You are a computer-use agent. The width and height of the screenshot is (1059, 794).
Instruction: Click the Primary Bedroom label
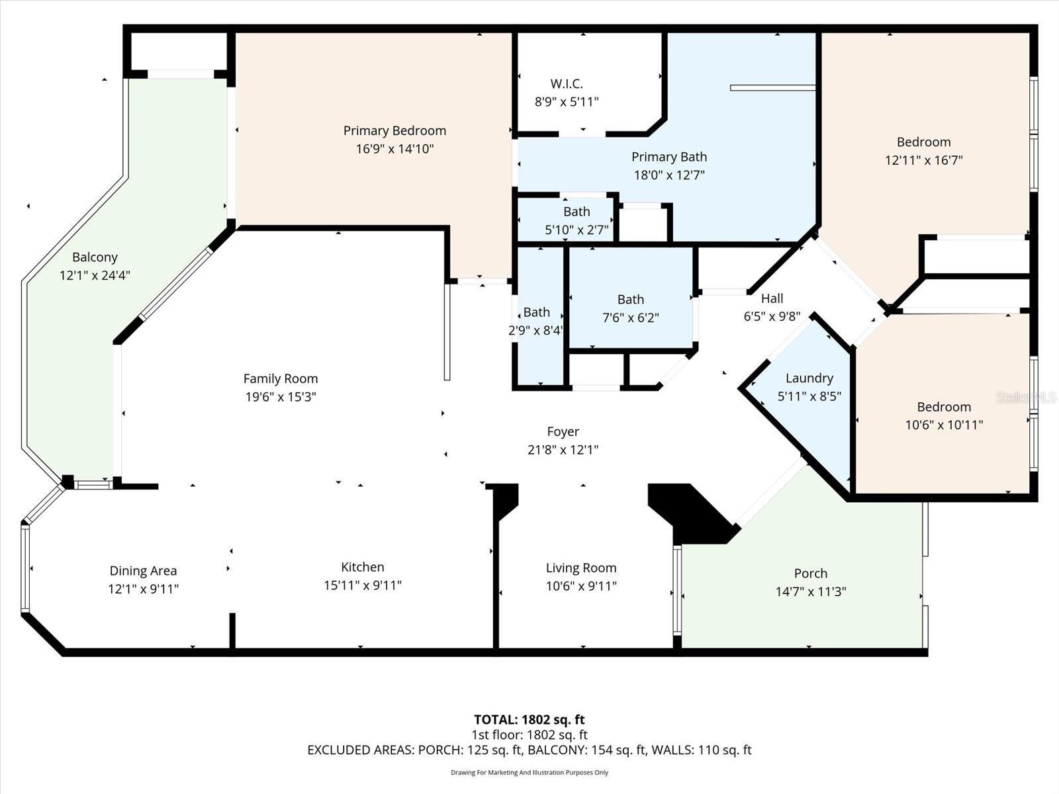click(x=394, y=131)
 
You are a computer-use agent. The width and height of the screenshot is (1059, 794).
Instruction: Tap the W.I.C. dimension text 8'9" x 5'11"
click(x=567, y=102)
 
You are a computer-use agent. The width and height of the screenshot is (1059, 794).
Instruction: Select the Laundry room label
click(x=809, y=378)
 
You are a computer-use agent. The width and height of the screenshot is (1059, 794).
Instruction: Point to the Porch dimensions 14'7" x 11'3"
click(x=811, y=592)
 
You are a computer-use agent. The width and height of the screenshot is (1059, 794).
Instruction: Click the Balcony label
click(x=95, y=257)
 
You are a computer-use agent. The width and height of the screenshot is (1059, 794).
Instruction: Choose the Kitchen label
click(x=362, y=567)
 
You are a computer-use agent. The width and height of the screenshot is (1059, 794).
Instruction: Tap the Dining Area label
click(x=143, y=570)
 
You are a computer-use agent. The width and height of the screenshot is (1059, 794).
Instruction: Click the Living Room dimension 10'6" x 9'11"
click(x=581, y=586)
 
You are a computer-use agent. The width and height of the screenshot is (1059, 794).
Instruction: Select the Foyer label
click(x=563, y=431)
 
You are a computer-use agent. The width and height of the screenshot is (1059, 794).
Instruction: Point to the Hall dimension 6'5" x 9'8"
click(x=772, y=316)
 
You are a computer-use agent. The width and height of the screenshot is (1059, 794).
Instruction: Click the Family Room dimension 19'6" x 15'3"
click(x=280, y=397)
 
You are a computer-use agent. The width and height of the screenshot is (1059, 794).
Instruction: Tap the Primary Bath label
click(x=668, y=157)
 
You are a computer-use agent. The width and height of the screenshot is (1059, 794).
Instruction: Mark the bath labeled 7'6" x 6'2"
click(x=630, y=300)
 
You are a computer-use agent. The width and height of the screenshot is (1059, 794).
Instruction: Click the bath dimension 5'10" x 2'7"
click(x=576, y=230)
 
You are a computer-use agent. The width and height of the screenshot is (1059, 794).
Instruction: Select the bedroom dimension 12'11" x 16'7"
click(x=923, y=160)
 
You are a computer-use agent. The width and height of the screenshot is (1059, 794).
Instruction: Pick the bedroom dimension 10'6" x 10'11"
click(x=944, y=425)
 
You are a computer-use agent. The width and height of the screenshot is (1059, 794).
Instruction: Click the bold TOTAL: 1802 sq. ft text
click(x=529, y=719)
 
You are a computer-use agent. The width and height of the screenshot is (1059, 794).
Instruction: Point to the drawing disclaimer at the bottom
click(x=529, y=772)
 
